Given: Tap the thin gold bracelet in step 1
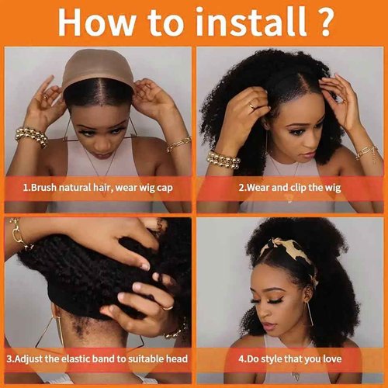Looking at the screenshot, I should click(x=178, y=143).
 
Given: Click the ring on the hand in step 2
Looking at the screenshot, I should click(x=251, y=106).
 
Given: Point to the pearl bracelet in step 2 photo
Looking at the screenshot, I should click(x=223, y=159).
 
